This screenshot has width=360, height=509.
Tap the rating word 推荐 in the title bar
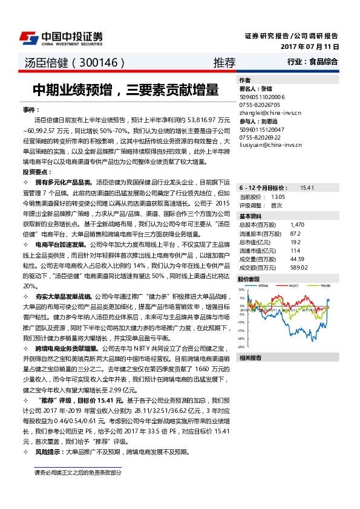224,62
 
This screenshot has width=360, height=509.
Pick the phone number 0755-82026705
261,105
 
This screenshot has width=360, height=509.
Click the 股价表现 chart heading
249,279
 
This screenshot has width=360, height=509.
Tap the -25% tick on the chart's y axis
241,347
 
